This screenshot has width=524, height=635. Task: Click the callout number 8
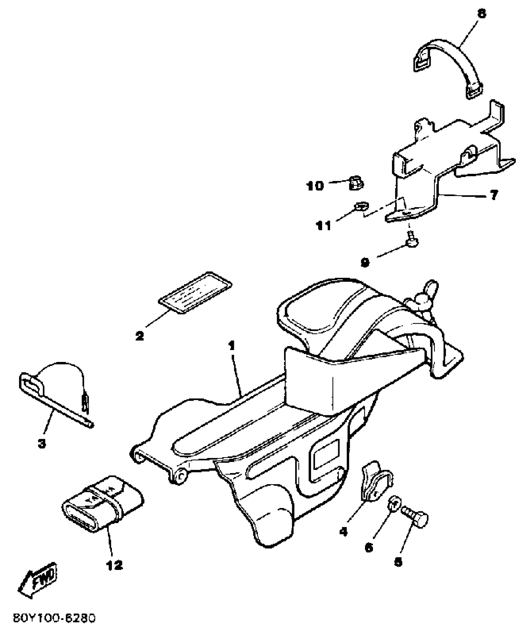point(481,14)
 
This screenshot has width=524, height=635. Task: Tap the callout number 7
point(494,195)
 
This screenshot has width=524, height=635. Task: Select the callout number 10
point(315,186)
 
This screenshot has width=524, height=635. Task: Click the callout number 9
point(365,262)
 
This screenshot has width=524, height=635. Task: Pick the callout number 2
point(140,336)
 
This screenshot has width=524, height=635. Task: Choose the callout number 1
point(232,346)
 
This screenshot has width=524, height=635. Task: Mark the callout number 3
point(42,444)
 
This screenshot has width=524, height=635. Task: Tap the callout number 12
point(114,565)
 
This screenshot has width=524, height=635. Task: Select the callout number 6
point(369,547)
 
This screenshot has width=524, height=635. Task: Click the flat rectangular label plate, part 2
point(195,293)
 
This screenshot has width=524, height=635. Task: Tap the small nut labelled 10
point(356,184)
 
